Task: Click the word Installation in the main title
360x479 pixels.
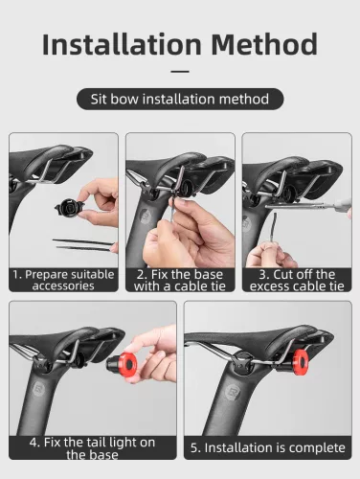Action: [123, 44]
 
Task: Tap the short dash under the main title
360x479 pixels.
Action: [179, 72]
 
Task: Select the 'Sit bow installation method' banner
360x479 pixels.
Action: [180, 98]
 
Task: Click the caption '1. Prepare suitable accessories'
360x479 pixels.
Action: [63, 280]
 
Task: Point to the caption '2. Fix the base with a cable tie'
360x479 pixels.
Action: [180, 280]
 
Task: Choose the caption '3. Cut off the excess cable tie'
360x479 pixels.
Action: [296, 280]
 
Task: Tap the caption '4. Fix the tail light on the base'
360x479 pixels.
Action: [93, 448]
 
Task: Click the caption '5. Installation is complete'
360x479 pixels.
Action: [267, 447]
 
